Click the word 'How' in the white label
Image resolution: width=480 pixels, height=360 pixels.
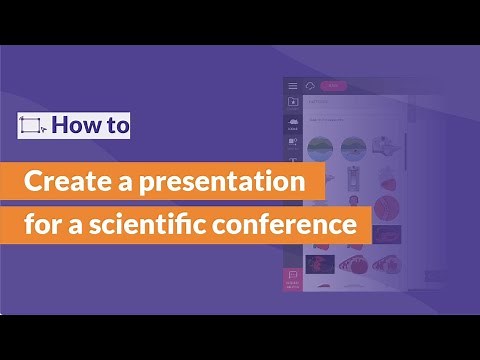coord(75,126)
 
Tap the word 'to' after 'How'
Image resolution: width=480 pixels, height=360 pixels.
coord(115,126)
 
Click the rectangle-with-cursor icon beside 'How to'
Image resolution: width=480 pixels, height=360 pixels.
coord(32,126)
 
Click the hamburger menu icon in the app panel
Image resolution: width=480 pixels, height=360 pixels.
coord(293,86)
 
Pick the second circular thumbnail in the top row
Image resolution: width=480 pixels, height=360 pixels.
coord(355,149)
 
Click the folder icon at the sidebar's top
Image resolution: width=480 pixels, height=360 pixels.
coord(293,102)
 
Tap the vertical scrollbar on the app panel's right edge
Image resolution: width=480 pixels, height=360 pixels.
coord(411,150)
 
